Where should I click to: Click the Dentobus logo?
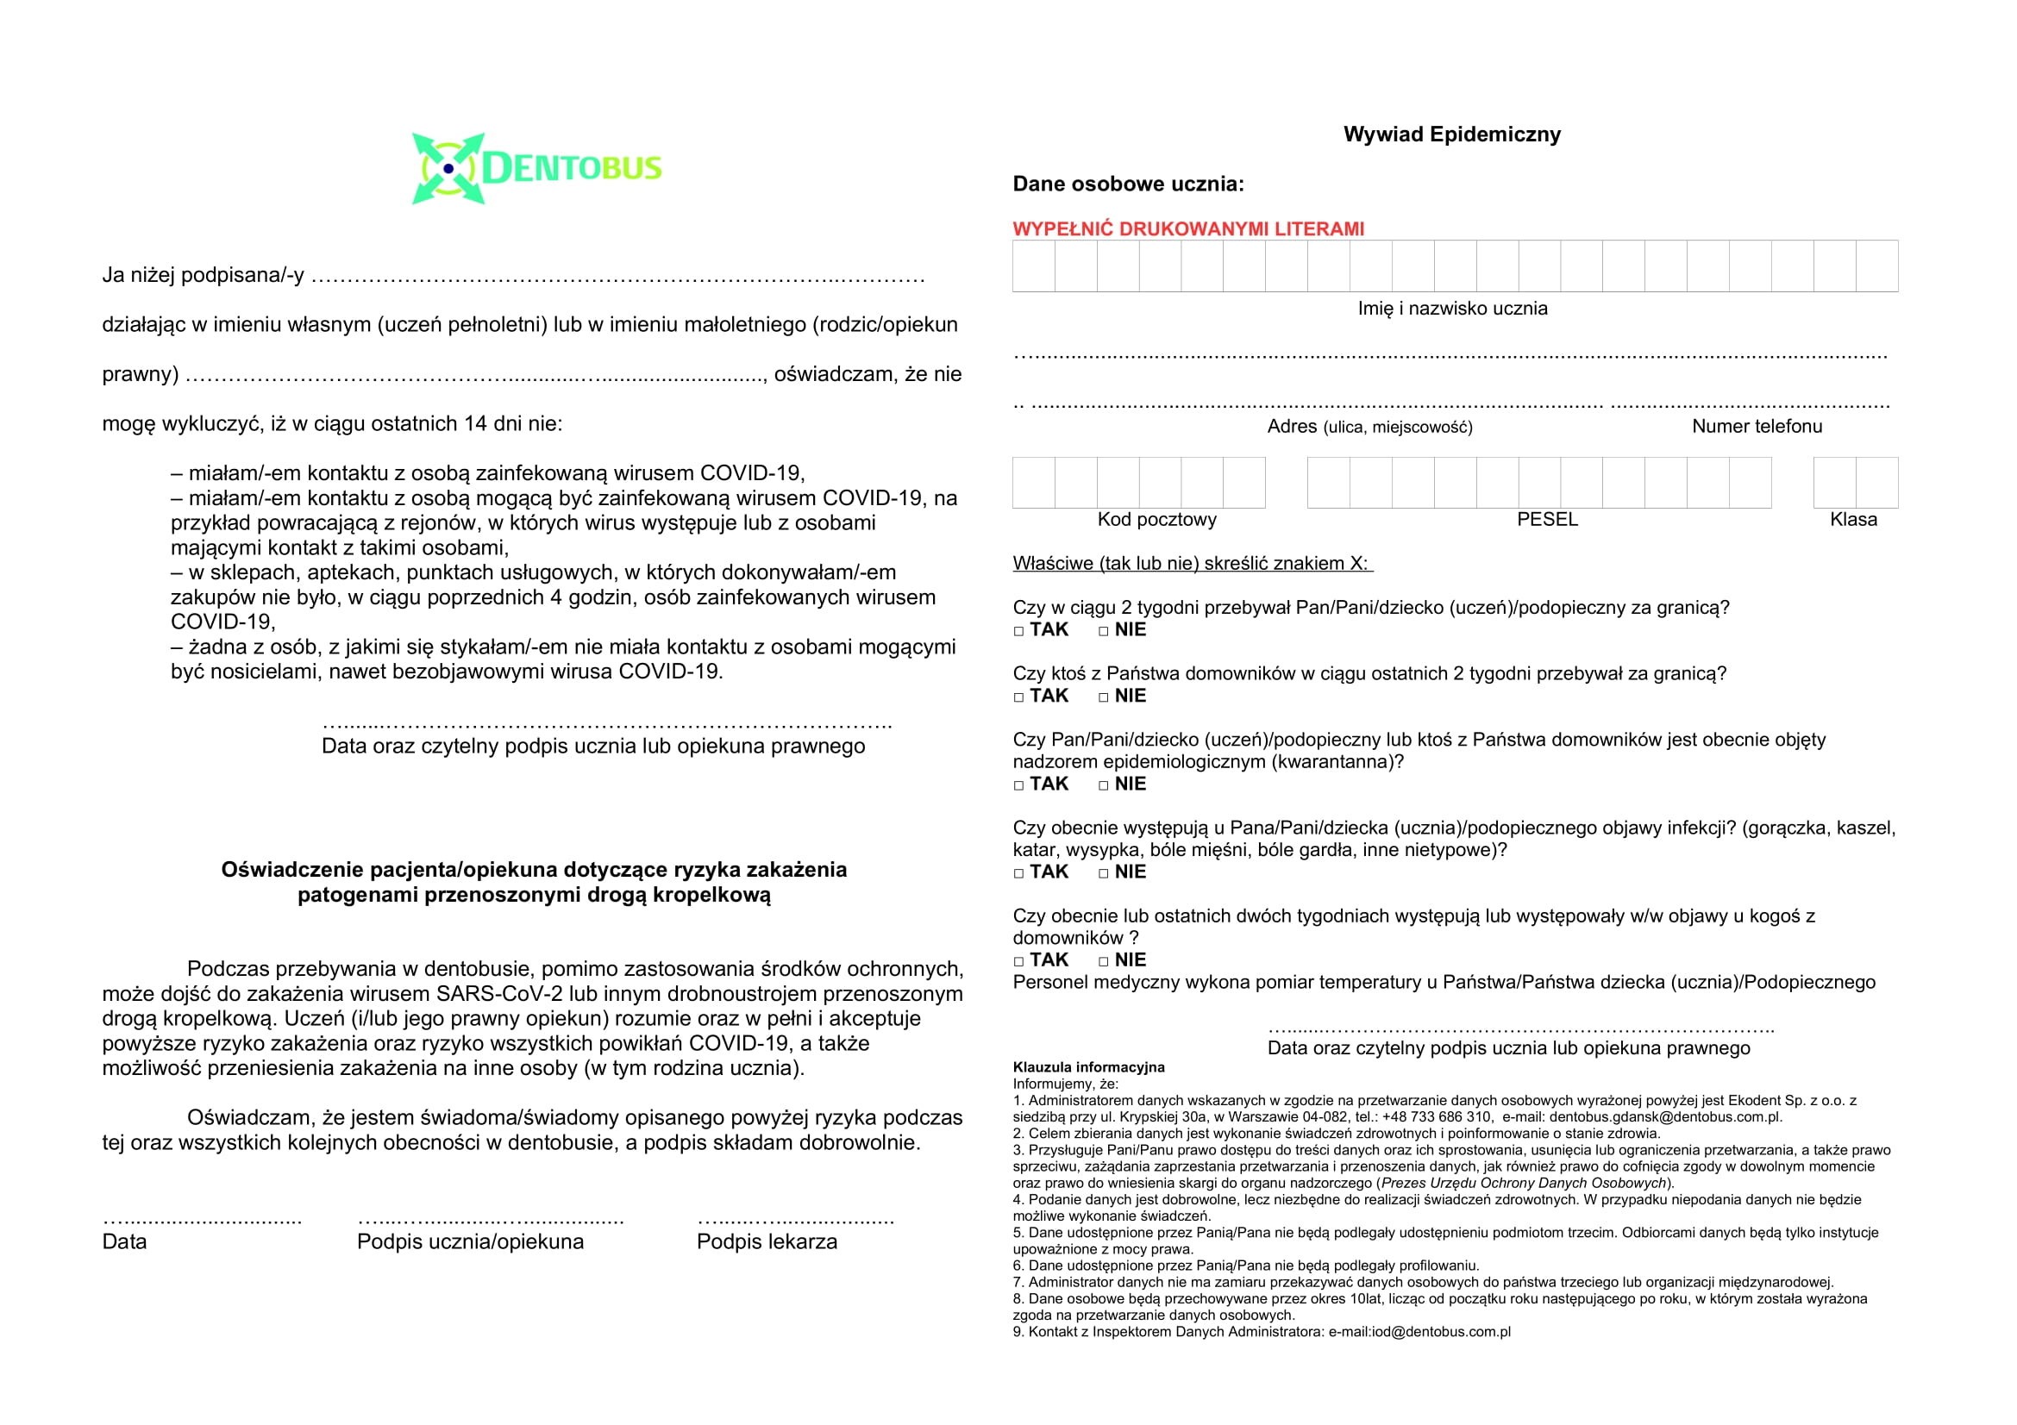[x=536, y=168]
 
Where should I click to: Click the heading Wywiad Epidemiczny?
[x=1451, y=134]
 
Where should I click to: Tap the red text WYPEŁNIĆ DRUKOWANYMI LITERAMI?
[x=1187, y=229]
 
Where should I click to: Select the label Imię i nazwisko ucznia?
[x=1452, y=308]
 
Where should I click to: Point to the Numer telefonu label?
[x=1757, y=427]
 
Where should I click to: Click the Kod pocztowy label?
[x=1156, y=520]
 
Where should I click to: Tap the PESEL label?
[x=1547, y=520]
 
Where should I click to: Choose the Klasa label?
[x=1852, y=520]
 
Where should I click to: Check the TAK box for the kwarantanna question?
[x=1019, y=786]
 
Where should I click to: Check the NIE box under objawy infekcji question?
[x=1104, y=873]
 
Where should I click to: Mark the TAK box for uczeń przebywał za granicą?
[x=1019, y=631]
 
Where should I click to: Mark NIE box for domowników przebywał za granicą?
[x=1104, y=697]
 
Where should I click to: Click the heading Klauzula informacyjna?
[x=1088, y=1067]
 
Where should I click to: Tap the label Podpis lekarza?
[x=767, y=1242]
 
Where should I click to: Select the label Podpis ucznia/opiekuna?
[x=470, y=1242]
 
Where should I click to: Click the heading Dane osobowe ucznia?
[x=1128, y=184]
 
